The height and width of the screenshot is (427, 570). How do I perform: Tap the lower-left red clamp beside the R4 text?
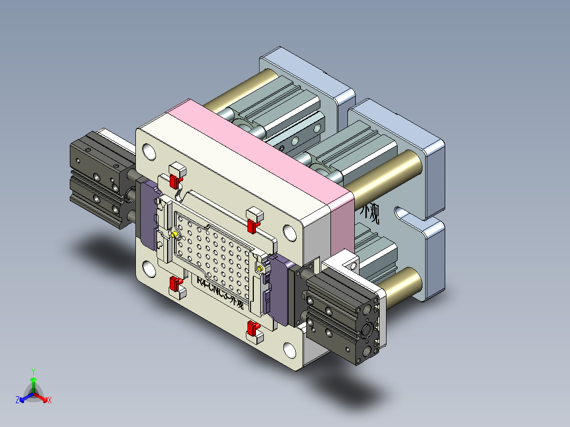coord(173,286)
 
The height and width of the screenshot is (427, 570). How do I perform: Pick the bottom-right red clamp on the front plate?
coord(252,330)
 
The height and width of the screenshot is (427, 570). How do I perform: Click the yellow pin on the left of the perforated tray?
coord(174,234)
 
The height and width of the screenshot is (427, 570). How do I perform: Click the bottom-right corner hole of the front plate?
coord(289,350)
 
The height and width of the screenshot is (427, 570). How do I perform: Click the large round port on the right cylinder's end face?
coord(366,331)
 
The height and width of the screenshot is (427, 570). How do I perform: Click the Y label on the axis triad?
coord(33,372)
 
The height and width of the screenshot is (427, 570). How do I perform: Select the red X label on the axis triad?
coord(49,401)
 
